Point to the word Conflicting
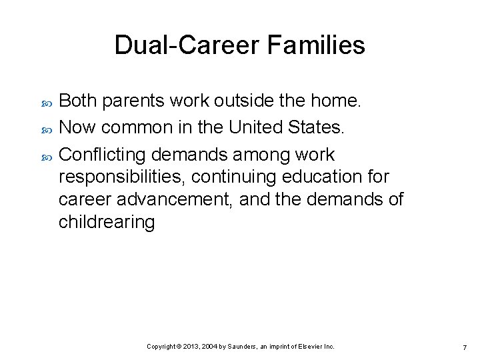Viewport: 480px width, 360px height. click(103, 155)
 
